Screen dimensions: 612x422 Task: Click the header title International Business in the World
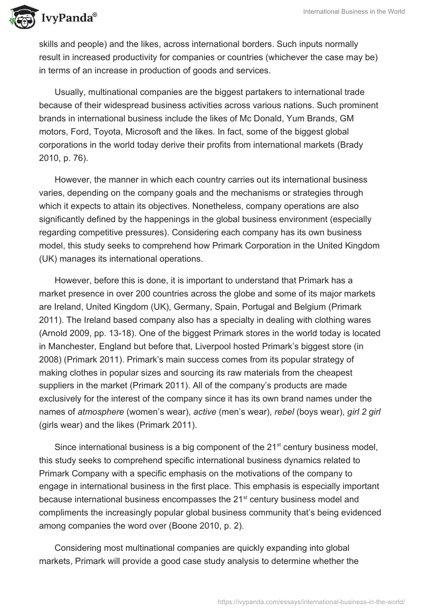coord(354,12)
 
